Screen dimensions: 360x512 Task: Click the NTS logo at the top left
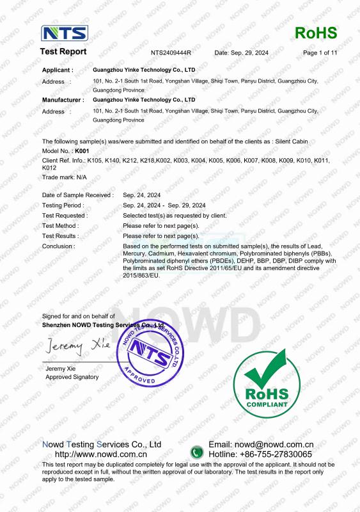point(65,33)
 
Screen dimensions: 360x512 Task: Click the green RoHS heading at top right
point(316,33)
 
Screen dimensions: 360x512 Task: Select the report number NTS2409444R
point(171,52)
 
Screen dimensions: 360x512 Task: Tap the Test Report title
point(63,51)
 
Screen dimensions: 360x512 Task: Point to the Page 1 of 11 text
point(320,52)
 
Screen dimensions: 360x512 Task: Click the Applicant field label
point(58,69)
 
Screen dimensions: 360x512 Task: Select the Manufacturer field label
point(63,100)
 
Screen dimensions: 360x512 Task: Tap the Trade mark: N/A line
point(64,177)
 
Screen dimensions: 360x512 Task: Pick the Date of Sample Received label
point(77,195)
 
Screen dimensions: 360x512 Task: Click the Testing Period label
point(63,205)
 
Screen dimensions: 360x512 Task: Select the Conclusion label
point(58,246)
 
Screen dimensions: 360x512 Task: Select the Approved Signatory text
point(72,377)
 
